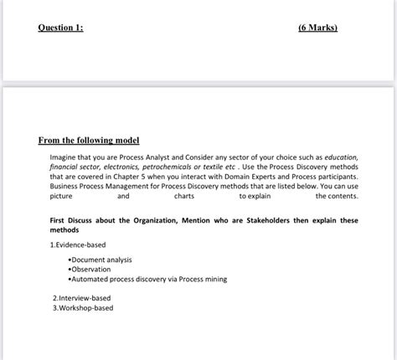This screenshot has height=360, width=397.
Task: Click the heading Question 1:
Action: point(60,28)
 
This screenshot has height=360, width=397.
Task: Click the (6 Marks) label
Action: point(317,28)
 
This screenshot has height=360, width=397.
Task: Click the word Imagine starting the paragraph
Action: point(66,157)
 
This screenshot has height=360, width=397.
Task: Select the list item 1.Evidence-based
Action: point(78,244)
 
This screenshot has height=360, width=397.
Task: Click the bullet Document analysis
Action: point(101,260)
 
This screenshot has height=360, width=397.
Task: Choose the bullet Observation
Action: point(92,270)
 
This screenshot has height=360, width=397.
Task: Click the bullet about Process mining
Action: point(148,279)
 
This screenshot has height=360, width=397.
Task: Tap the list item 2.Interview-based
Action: point(81,298)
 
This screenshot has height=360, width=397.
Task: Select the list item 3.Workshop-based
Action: point(82,307)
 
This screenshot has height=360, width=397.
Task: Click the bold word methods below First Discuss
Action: point(64,229)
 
